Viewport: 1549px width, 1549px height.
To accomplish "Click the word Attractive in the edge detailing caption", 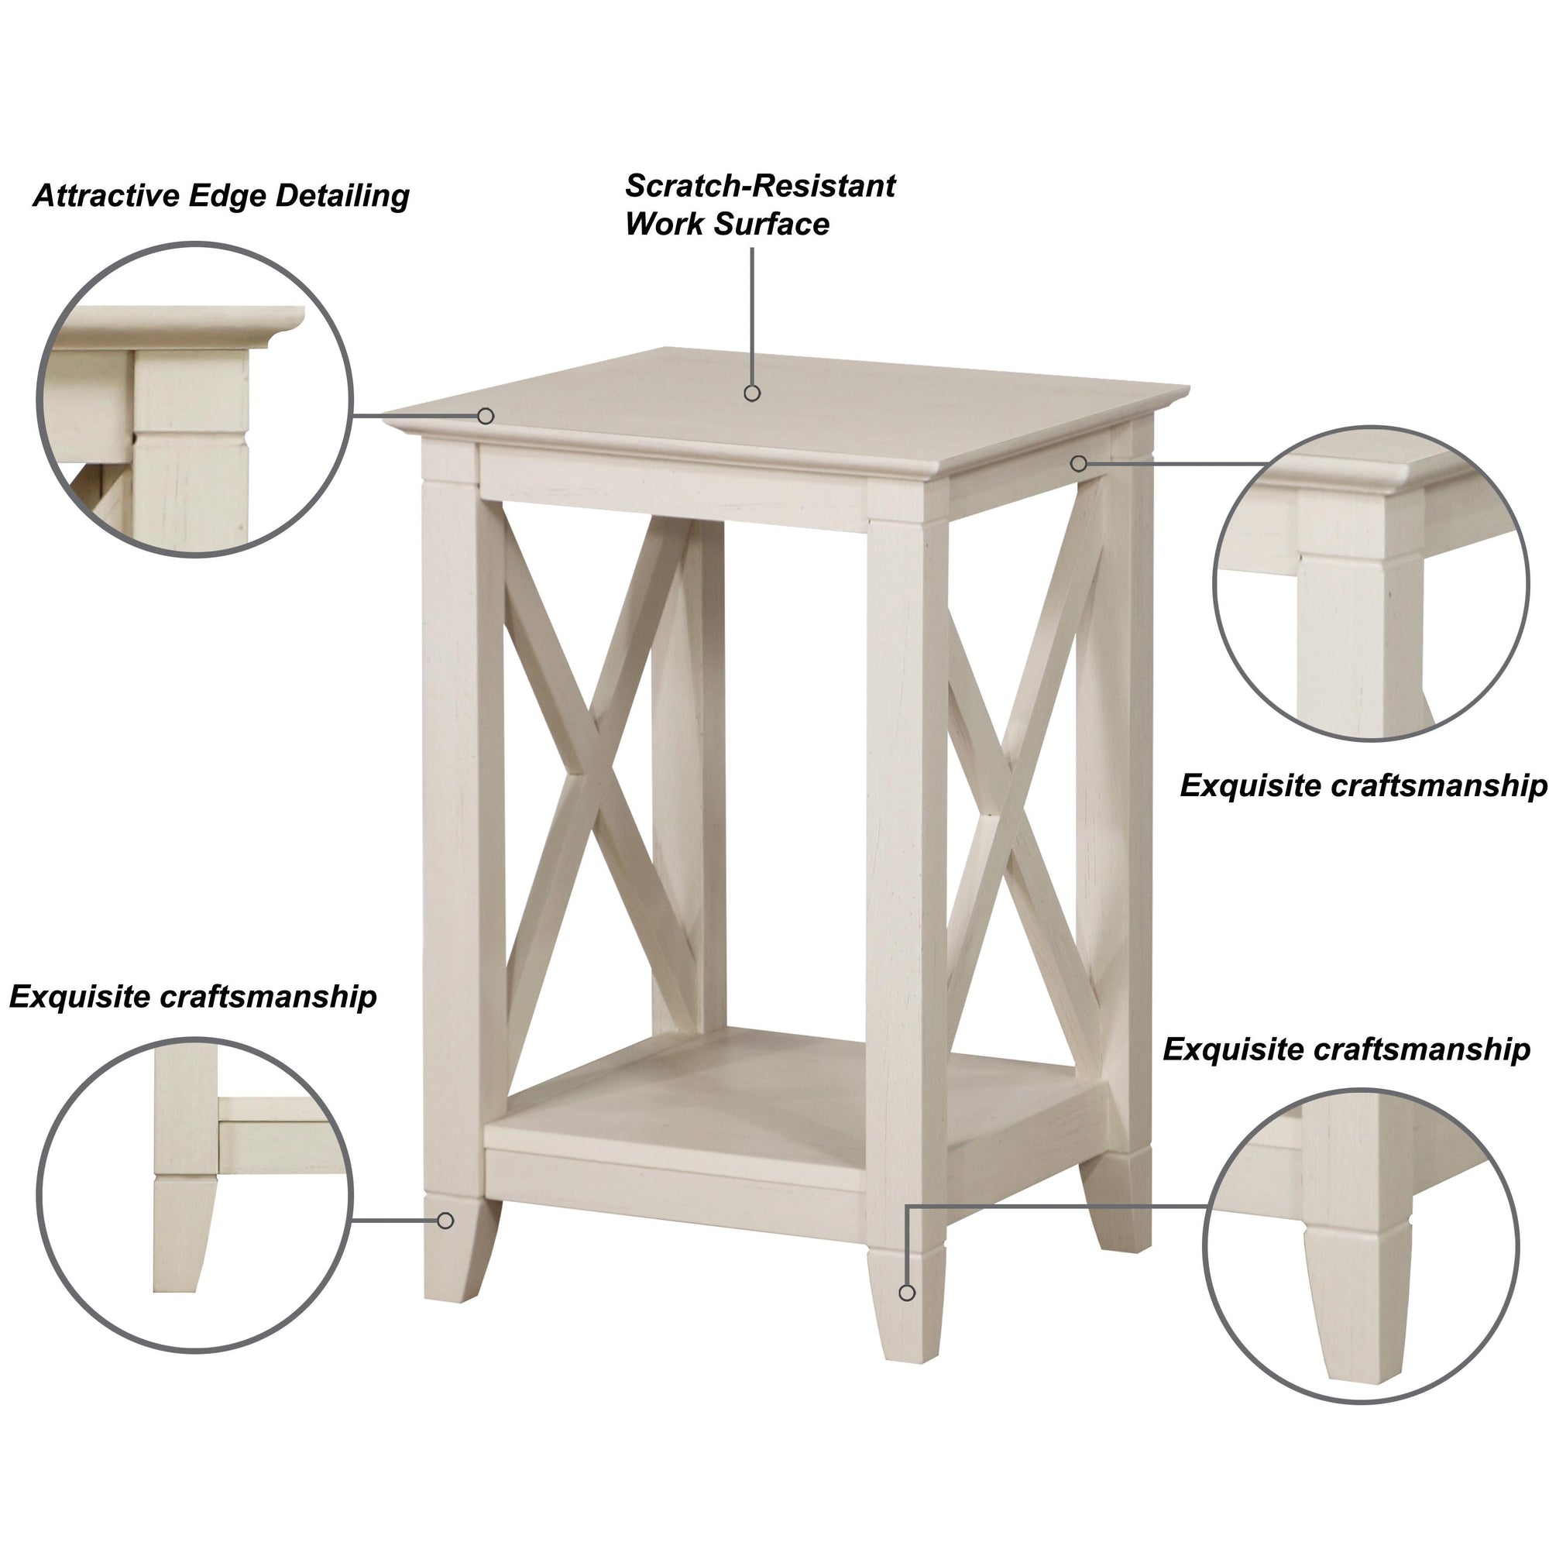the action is point(108,196).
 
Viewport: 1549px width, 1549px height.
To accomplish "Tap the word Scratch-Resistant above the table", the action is point(760,186).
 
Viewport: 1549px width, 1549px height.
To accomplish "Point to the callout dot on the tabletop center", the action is point(752,393).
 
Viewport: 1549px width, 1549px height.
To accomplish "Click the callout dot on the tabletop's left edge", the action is point(486,416).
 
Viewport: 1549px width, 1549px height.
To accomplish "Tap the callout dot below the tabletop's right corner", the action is point(1079,463).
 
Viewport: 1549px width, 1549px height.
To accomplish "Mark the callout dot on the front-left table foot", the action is point(446,1221).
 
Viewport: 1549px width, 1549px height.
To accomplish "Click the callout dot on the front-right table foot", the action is point(907,1293).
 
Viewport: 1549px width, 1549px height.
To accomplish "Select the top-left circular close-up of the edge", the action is point(195,400).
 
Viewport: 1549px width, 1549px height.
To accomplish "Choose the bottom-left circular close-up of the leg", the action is point(195,1194).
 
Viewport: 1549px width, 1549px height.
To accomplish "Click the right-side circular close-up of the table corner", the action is point(1372,583).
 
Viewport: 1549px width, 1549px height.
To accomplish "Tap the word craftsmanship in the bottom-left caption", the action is point(269,998).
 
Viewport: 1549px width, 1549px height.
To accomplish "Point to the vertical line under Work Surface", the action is point(752,316).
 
